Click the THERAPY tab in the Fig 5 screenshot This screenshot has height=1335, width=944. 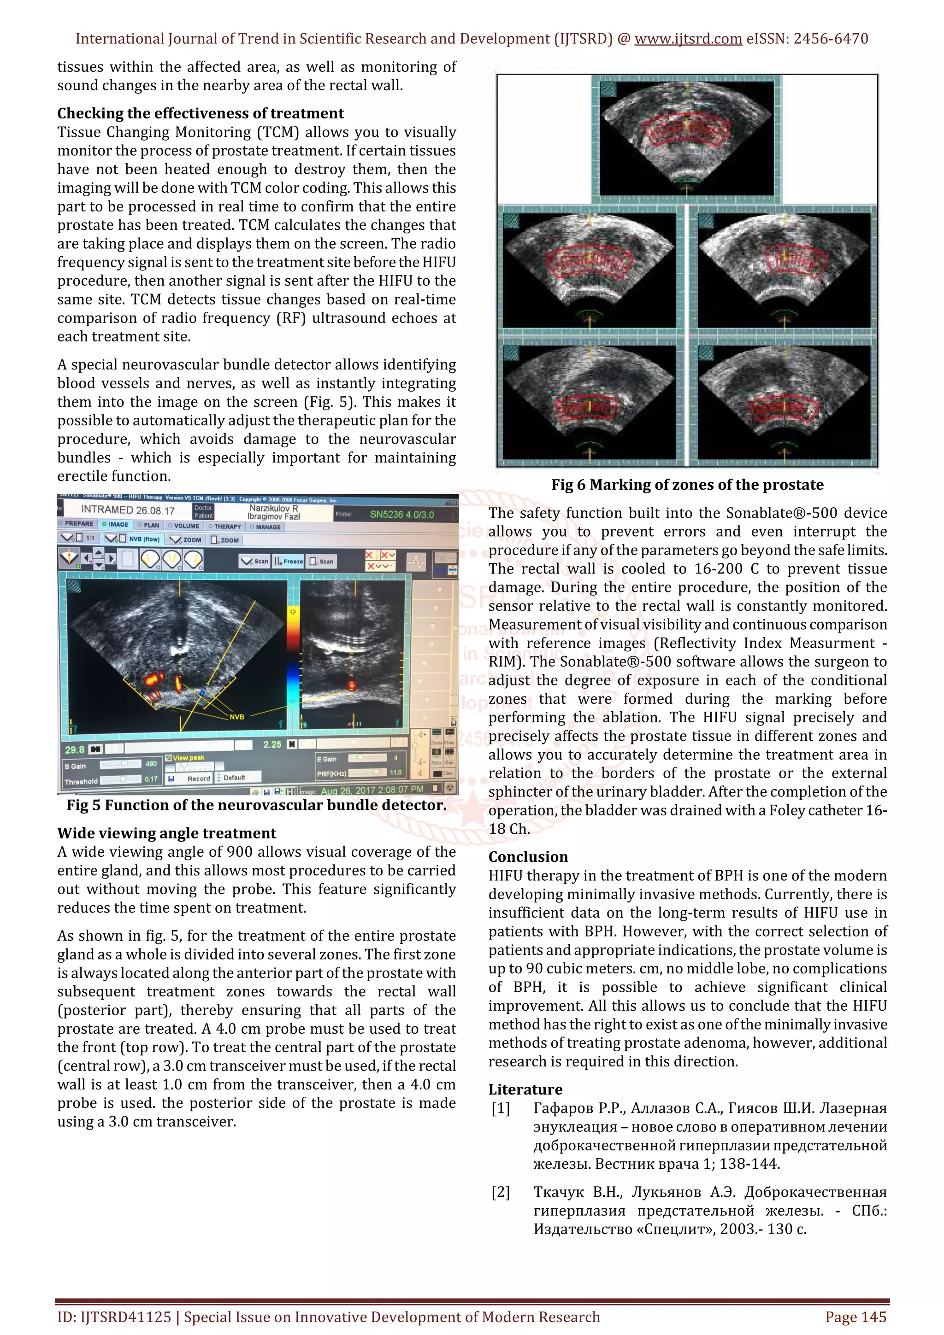227,526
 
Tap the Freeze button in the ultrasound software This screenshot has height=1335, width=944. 289,561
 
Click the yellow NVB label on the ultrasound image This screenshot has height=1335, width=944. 237,717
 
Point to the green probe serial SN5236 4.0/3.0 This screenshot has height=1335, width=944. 401,515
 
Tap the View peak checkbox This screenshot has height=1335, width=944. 169,758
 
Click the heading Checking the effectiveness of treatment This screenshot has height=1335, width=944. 200,113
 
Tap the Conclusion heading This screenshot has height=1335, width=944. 528,856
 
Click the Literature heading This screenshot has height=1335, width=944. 525,1089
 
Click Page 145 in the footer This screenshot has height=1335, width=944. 855,1317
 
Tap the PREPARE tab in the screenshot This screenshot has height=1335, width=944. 78,523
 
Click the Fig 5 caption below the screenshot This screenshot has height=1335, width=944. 256,805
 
